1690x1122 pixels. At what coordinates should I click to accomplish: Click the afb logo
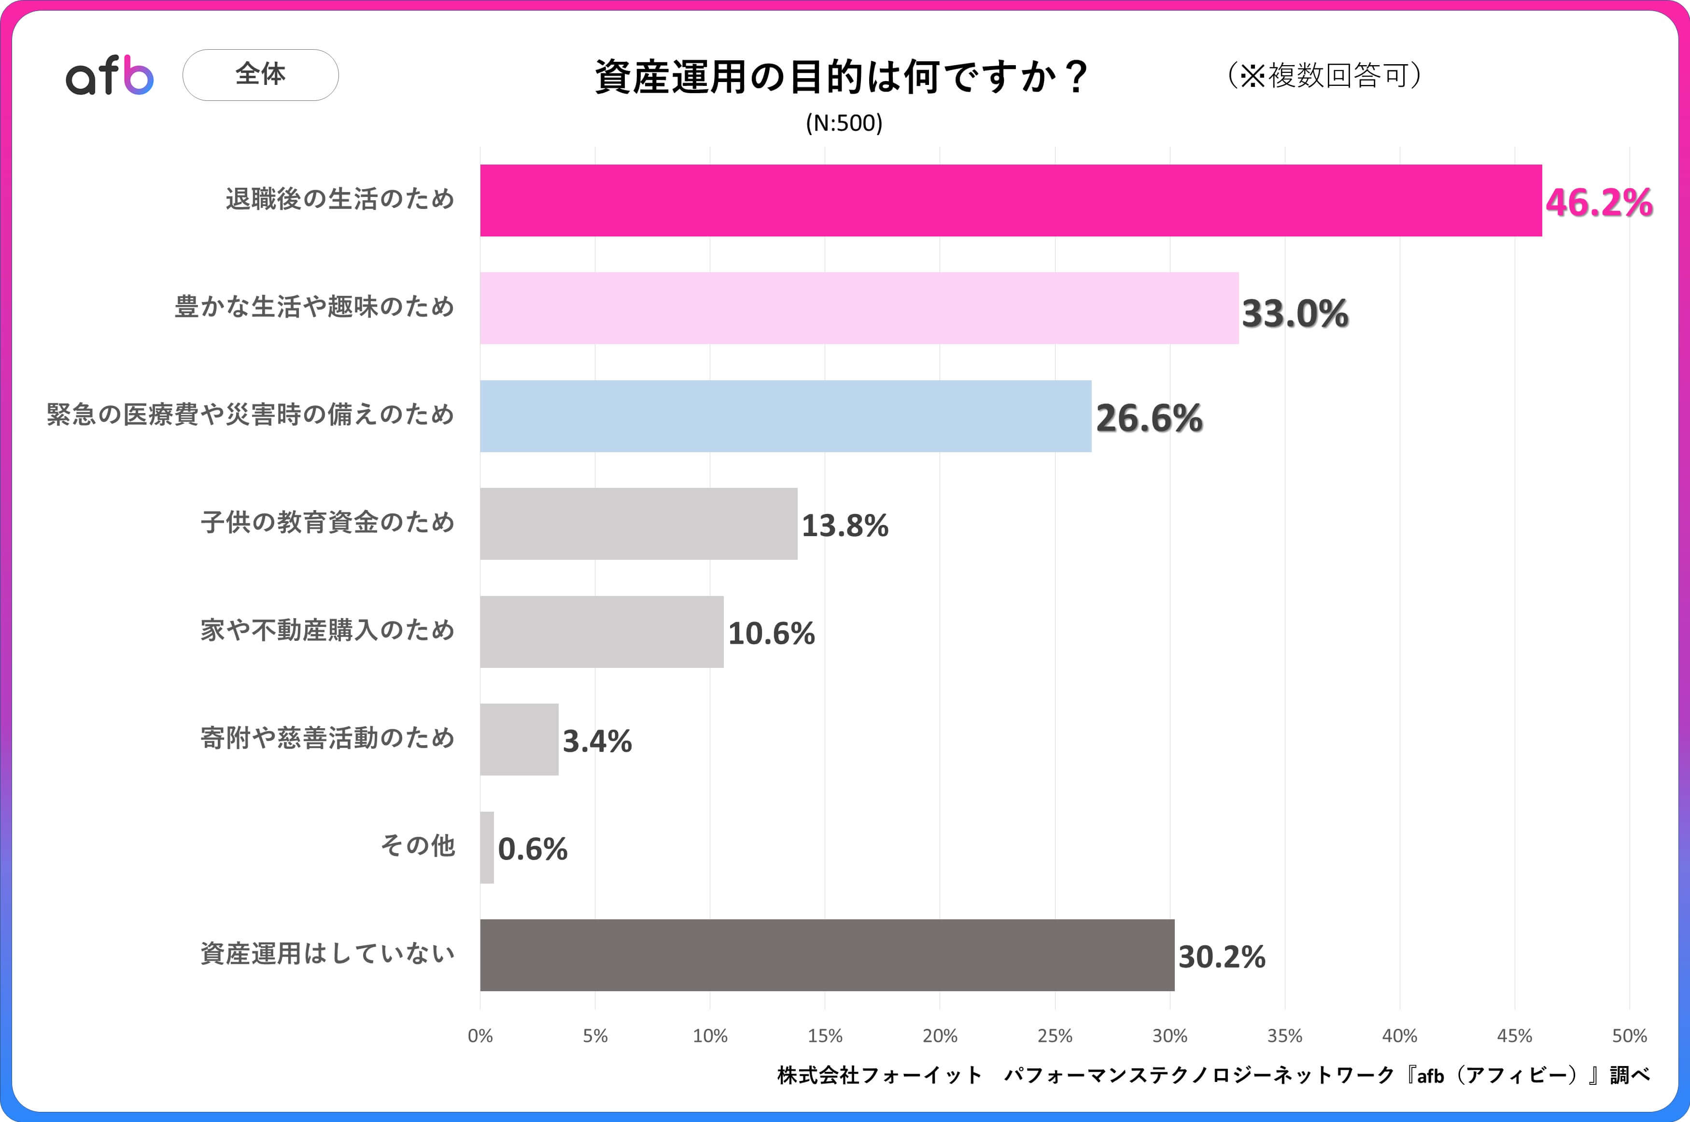coord(110,75)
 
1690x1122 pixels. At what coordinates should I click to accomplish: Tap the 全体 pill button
coord(261,74)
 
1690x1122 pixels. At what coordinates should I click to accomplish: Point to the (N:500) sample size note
coord(844,123)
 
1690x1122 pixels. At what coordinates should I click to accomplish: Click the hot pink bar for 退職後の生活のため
coord(1011,200)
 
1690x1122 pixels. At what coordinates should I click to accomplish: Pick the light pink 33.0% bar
coord(859,308)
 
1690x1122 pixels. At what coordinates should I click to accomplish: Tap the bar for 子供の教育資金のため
coord(638,524)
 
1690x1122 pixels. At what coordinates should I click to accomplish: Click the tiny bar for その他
coord(487,847)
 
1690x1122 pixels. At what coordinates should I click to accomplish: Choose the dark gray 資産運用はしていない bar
coord(827,956)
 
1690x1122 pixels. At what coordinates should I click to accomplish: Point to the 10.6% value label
coord(772,633)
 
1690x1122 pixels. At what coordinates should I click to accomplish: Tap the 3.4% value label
coord(597,741)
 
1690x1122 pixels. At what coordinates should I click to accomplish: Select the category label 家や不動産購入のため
coord(327,630)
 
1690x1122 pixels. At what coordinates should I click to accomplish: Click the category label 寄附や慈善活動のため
coord(327,738)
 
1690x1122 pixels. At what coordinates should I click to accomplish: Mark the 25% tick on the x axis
coord(1055,1036)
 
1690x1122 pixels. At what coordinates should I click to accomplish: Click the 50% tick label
coord(1629,1036)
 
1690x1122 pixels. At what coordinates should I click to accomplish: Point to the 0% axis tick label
coord(480,1036)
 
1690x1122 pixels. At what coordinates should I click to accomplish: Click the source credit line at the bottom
coord(1213,1075)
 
